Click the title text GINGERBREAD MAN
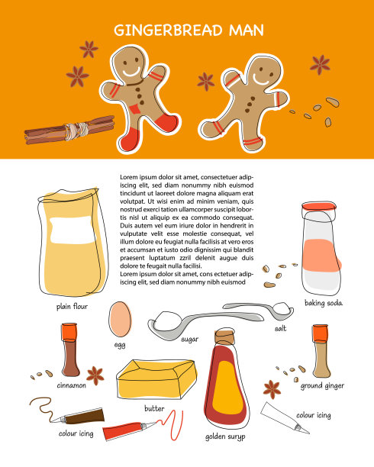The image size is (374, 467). point(189,31)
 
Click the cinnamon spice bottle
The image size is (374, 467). point(70,351)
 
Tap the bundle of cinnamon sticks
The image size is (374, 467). point(70,130)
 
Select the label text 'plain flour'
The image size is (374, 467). point(73,306)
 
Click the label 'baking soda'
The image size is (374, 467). point(324,303)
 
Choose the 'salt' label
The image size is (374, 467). point(280,327)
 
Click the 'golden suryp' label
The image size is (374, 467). point(226,437)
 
